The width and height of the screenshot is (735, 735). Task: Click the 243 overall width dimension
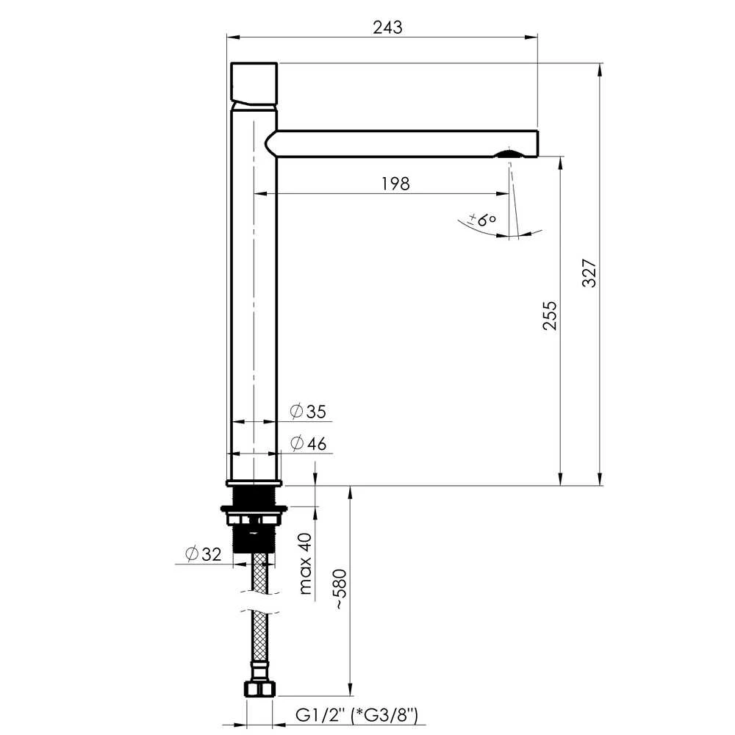click(x=387, y=28)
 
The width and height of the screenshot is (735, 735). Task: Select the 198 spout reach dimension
click(x=395, y=184)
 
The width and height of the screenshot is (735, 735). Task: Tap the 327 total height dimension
click(x=589, y=273)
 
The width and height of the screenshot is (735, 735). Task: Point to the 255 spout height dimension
click(x=550, y=316)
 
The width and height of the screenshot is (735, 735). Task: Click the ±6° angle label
click(x=482, y=219)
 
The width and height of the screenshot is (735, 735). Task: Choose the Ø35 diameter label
click(x=308, y=412)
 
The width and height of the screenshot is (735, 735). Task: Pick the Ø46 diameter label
click(x=308, y=443)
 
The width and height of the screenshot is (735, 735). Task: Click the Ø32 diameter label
click(x=204, y=554)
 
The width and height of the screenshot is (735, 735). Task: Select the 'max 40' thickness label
click(x=305, y=564)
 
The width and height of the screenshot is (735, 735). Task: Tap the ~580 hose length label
click(x=341, y=589)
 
